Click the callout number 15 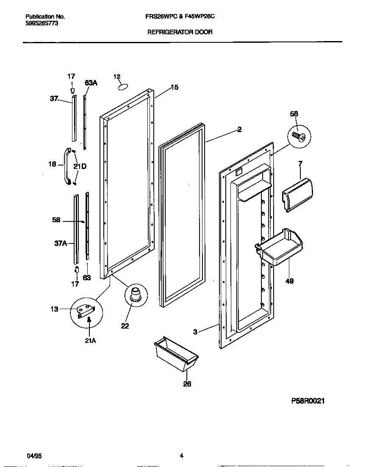pos(175,88)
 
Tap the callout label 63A pos(91,83)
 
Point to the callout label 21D pos(80,166)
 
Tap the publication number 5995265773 pos(42,24)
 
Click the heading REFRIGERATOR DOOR pos(180,32)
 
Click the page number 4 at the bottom pos(181,456)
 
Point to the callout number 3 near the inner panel pos(195,332)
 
